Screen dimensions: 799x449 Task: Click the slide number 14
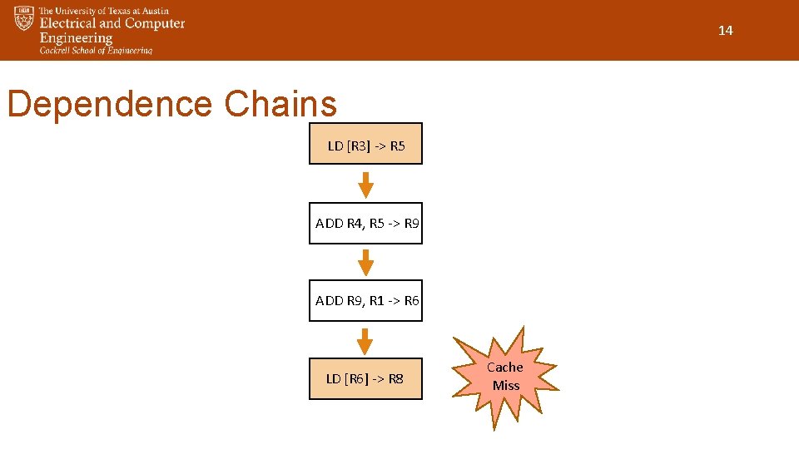725,31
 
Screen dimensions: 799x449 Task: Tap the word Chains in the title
280,105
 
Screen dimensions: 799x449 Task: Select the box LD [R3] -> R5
365,144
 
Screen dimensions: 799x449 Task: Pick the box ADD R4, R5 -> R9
365,223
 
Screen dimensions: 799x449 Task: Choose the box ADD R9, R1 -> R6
365,301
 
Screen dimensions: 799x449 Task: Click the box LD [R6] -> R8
365,379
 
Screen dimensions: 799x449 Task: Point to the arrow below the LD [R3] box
365,185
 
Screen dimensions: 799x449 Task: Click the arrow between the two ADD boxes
365,263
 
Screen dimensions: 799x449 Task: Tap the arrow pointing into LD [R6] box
365,341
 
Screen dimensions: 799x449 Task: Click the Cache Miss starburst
505,377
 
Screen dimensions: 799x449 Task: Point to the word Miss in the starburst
505,386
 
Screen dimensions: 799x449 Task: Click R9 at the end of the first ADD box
411,223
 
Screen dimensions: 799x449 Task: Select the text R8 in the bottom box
396,379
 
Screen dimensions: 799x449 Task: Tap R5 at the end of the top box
397,146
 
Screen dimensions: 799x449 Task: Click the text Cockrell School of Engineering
97,51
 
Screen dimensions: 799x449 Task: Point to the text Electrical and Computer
112,24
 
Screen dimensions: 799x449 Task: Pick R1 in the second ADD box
378,301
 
